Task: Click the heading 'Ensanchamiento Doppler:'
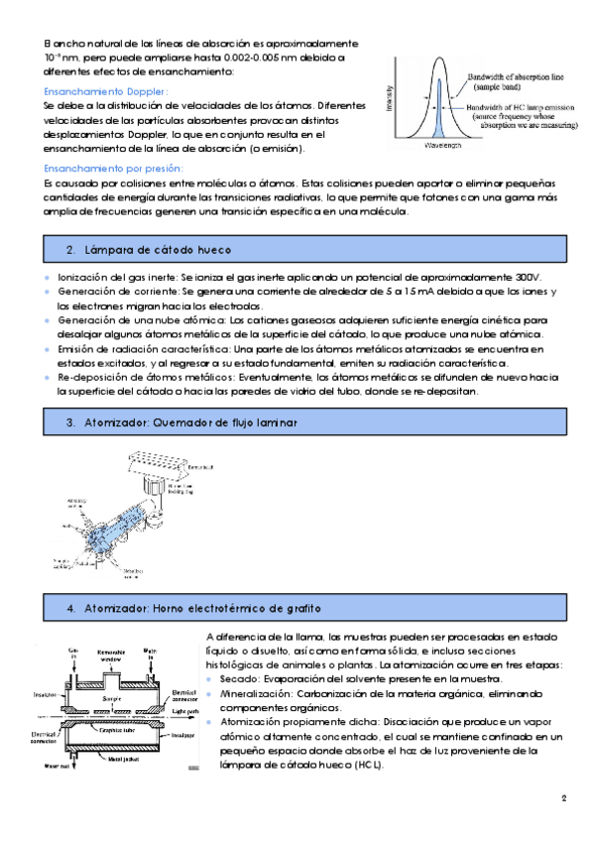pos(107,91)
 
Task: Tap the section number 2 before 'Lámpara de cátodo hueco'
pos(70,248)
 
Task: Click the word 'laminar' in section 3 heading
pos(278,422)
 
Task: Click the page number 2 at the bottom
pos(562,798)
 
